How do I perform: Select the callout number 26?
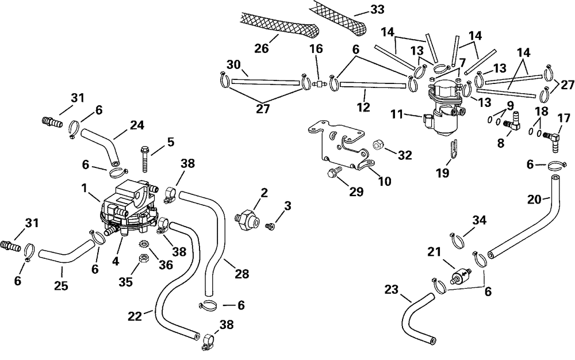(262, 48)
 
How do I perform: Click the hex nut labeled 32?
(378, 145)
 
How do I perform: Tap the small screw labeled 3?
(270, 227)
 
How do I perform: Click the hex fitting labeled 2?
(247, 219)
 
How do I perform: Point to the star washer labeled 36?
(141, 244)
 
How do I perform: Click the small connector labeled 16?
(319, 85)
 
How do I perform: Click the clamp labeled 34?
(456, 240)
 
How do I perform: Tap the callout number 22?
(135, 316)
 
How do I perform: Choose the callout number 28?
(241, 274)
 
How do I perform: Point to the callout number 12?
(364, 107)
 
